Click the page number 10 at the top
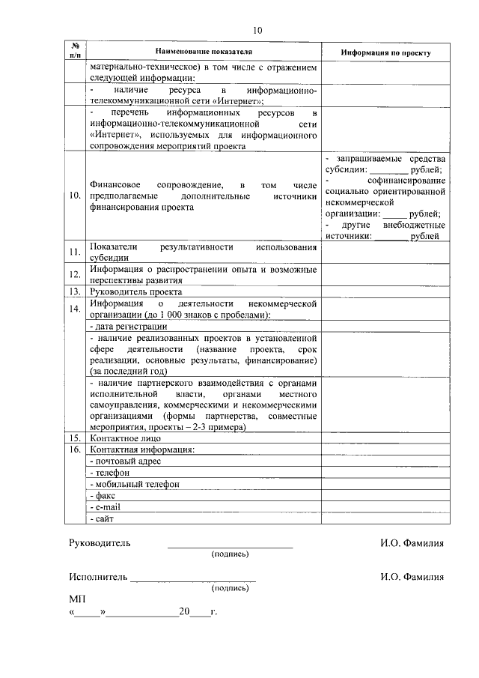click(x=257, y=31)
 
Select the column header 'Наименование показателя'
click(x=204, y=52)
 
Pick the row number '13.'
click(x=75, y=291)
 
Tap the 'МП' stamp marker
click(x=76, y=600)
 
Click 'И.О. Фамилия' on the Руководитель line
click(x=412, y=542)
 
